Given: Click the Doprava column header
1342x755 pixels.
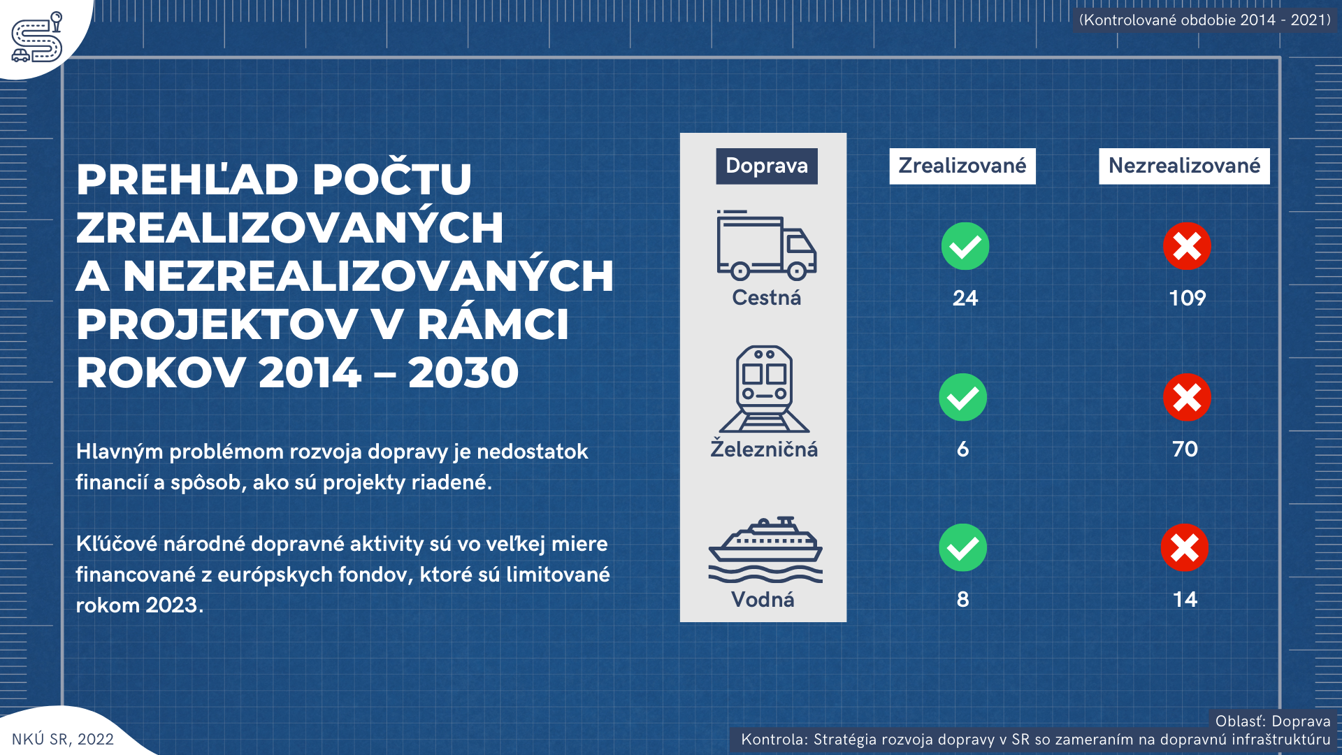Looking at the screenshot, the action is (767, 166).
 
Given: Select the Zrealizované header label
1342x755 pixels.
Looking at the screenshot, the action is (962, 166).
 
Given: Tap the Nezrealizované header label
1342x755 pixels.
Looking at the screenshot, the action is (1184, 166).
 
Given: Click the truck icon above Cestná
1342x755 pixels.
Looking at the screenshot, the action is (766, 245).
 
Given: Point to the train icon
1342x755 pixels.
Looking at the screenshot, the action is (765, 389).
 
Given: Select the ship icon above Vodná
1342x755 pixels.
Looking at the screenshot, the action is (765, 549).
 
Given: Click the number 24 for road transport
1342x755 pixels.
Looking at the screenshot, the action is (965, 299).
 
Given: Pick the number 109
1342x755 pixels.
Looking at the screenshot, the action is (1188, 299).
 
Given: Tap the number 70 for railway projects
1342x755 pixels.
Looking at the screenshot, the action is (1185, 449).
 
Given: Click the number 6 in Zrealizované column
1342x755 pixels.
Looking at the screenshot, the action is (963, 449).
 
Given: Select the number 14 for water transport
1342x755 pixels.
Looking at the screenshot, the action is (1185, 600).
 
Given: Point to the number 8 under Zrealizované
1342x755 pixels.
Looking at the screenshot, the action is (963, 600).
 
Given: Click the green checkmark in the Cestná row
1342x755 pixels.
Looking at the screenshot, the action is (965, 246).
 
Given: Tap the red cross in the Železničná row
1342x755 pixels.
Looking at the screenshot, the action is (1187, 397).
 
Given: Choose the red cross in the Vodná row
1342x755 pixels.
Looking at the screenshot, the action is (1185, 547).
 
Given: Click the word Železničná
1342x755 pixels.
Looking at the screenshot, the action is (764, 448).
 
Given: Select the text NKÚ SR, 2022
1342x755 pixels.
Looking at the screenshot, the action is (63, 740).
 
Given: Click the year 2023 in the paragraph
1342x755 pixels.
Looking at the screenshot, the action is (171, 605).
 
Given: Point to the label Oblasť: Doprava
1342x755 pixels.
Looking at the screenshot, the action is (1273, 721).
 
